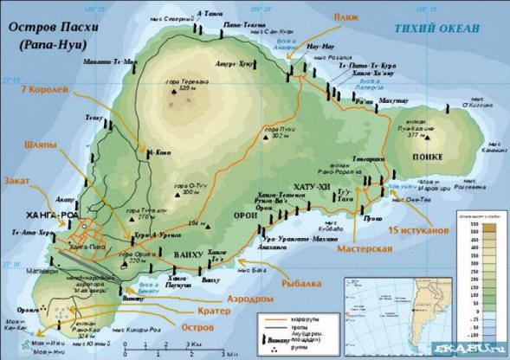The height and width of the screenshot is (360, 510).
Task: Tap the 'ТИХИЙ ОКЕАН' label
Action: [436, 29]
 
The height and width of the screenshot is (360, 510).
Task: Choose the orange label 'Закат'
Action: [18, 182]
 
